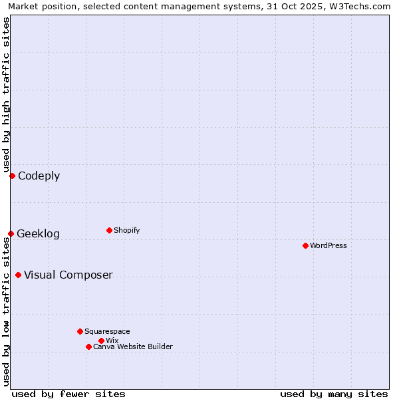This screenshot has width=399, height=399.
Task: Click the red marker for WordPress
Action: (305, 245)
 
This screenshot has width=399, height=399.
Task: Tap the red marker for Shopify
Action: (109, 230)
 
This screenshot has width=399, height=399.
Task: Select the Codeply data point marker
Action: (12, 176)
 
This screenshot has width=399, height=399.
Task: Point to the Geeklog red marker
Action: (11, 233)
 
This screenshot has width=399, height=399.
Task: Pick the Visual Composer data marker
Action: (18, 275)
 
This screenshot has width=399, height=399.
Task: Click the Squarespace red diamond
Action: (80, 331)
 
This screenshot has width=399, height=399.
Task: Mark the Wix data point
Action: (101, 340)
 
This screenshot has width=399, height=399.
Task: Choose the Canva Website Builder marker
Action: (88, 346)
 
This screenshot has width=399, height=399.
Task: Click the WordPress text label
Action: (329, 245)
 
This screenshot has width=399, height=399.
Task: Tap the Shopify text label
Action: (127, 230)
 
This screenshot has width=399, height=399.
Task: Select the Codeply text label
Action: (39, 176)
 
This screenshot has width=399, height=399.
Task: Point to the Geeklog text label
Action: (39, 234)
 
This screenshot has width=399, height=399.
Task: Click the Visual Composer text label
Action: (68, 275)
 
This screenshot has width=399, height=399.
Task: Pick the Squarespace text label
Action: (107, 331)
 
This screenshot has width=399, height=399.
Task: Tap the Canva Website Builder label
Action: (133, 346)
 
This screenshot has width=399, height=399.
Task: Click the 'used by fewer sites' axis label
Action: (68, 394)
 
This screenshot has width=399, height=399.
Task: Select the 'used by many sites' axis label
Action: (334, 394)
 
